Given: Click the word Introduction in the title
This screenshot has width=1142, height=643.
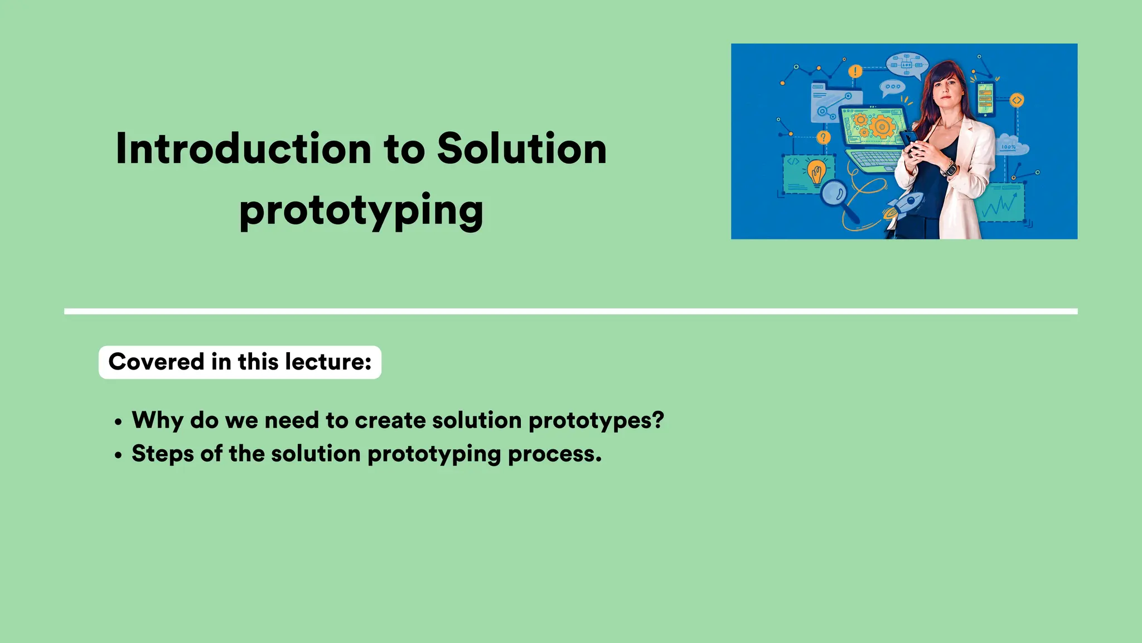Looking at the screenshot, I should (x=244, y=150).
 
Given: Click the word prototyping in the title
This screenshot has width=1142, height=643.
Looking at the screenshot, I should (x=361, y=211).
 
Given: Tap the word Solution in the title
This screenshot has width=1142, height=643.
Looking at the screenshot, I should (x=521, y=150).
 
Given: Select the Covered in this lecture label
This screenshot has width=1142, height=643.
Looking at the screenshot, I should (x=240, y=362).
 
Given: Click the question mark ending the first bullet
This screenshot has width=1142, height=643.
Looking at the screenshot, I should (x=658, y=420).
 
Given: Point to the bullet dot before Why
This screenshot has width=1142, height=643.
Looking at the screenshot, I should (x=118, y=423).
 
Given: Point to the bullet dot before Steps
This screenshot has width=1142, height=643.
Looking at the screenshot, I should (x=118, y=456).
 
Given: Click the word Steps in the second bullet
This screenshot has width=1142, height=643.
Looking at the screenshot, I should (x=162, y=454).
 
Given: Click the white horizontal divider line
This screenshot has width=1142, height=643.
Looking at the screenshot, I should (x=570, y=311).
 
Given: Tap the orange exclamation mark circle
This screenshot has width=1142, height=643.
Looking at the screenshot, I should (x=855, y=71).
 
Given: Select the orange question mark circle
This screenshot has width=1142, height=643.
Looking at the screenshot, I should (x=823, y=137).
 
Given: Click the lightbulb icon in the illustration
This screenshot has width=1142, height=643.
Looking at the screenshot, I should (x=816, y=171).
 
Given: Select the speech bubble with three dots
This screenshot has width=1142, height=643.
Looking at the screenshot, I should (x=892, y=87).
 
